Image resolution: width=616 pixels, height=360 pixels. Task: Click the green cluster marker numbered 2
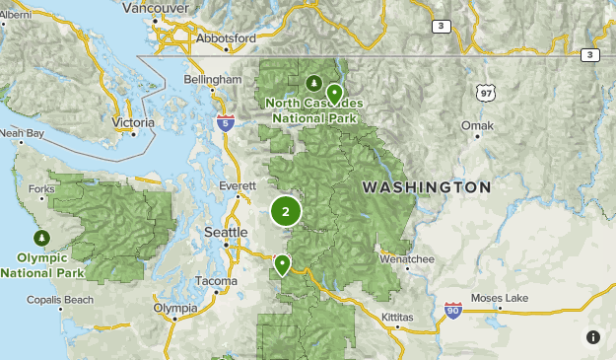pyautogui.click(x=286, y=210)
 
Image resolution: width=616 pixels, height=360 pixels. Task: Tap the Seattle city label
pyautogui.click(x=226, y=232)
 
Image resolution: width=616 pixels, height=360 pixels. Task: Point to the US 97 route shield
pyautogui.click(x=484, y=93)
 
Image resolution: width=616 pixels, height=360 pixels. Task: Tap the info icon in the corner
pyautogui.click(x=593, y=337)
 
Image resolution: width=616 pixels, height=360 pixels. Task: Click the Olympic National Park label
pyautogui.click(x=42, y=265)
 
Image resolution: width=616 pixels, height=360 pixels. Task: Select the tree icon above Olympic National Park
pyautogui.click(x=42, y=239)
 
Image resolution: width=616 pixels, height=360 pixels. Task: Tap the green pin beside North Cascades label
pyautogui.click(x=334, y=94)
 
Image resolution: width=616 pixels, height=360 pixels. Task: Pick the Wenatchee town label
pyautogui.click(x=407, y=259)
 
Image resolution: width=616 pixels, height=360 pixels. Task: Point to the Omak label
pyautogui.click(x=478, y=125)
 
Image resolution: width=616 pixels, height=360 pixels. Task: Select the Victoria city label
pyautogui.click(x=134, y=122)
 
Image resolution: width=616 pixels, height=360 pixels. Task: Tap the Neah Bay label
pyautogui.click(x=22, y=132)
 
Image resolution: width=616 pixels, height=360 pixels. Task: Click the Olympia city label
pyautogui.click(x=175, y=308)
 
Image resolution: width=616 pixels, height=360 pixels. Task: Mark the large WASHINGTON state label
pyautogui.click(x=426, y=186)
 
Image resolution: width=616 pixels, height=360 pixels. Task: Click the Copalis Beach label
pyautogui.click(x=60, y=299)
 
